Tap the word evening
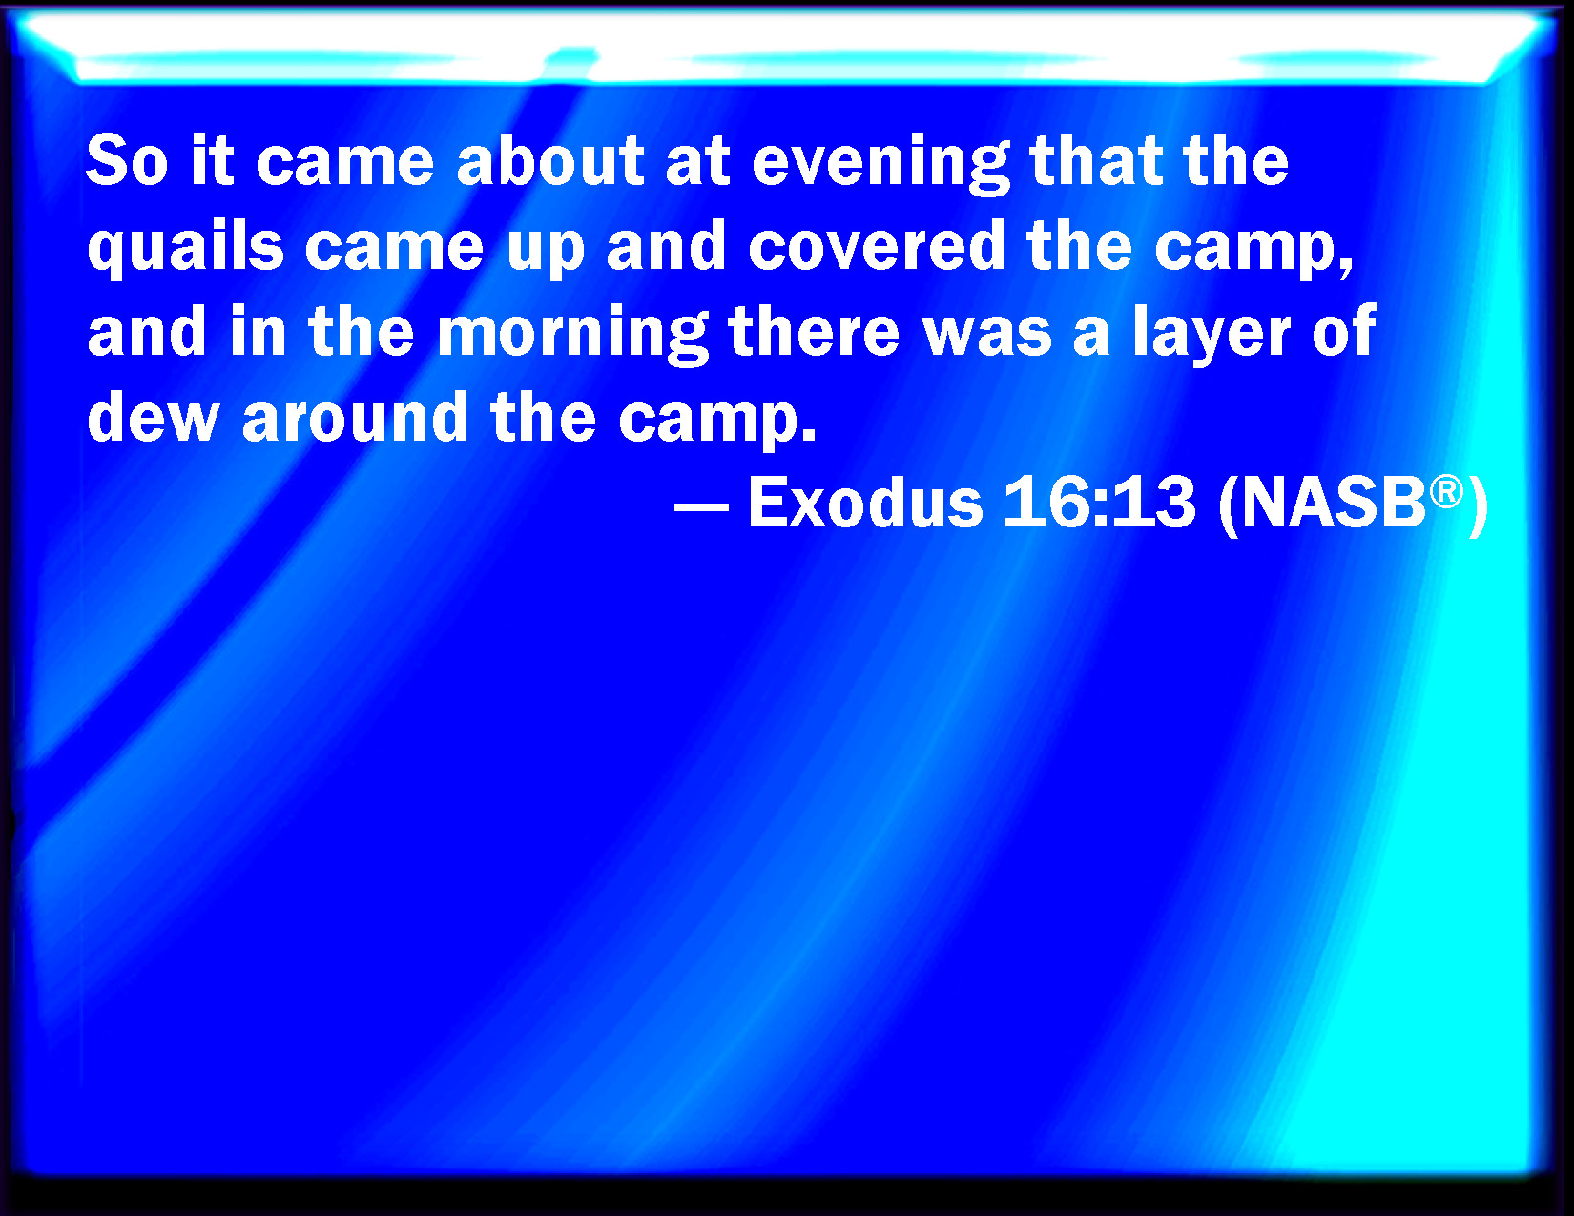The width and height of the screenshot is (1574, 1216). pyautogui.click(x=880, y=163)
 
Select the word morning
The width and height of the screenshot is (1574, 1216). pyautogui.click(x=572, y=333)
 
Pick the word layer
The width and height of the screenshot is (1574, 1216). pyautogui.click(x=1212, y=333)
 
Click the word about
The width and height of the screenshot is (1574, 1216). pyautogui.click(x=549, y=159)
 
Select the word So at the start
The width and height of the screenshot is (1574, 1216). pyautogui.click(x=128, y=159)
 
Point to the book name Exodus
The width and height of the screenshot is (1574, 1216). pyautogui.click(x=865, y=502)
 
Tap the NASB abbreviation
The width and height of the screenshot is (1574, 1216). pyautogui.click(x=1334, y=503)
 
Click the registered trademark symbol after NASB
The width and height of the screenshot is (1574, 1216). pyautogui.click(x=1446, y=492)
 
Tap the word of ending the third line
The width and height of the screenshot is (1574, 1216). pyautogui.click(x=1344, y=330)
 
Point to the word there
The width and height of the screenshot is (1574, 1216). pyautogui.click(x=814, y=330)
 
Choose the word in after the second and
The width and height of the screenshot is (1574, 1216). pyautogui.click(x=258, y=330)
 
